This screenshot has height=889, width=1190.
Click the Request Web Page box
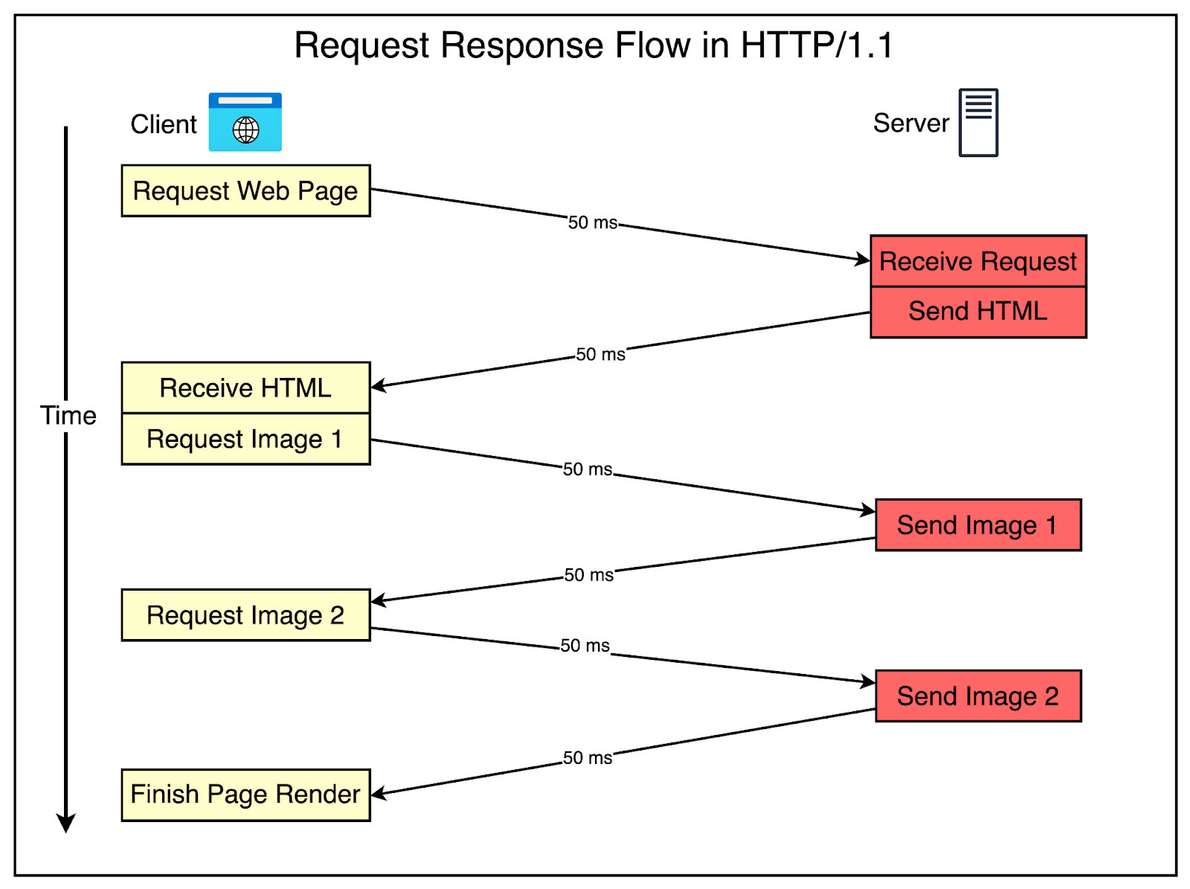pyautogui.click(x=245, y=191)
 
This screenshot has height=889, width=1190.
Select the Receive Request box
pyautogui.click(x=978, y=261)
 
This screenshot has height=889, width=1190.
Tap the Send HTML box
pyautogui.click(x=978, y=312)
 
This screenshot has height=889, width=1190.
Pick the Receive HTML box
pyautogui.click(x=245, y=388)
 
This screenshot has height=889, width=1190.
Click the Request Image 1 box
pyautogui.click(x=245, y=439)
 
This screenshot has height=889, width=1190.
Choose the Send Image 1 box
pyautogui.click(x=978, y=525)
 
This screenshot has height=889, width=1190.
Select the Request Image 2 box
pyautogui.click(x=245, y=615)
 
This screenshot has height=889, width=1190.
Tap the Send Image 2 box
pyautogui.click(x=978, y=696)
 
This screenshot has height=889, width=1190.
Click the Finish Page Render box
pyautogui.click(x=245, y=795)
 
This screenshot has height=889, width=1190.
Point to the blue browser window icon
pyautogui.click(x=245, y=122)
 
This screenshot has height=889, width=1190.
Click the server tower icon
pyautogui.click(x=978, y=123)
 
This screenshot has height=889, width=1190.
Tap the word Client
pyautogui.click(x=164, y=124)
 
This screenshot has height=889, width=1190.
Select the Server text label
pyautogui.click(x=911, y=123)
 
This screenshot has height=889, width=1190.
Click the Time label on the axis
pyautogui.click(x=68, y=415)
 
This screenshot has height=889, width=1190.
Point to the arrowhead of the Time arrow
pyautogui.click(x=66, y=823)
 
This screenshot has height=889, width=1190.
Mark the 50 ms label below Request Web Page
pyautogui.click(x=593, y=222)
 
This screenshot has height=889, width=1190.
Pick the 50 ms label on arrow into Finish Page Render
pyautogui.click(x=588, y=758)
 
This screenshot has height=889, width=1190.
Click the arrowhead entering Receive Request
pyautogui.click(x=863, y=259)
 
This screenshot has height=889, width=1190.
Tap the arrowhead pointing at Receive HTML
pyautogui.click(x=378, y=385)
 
